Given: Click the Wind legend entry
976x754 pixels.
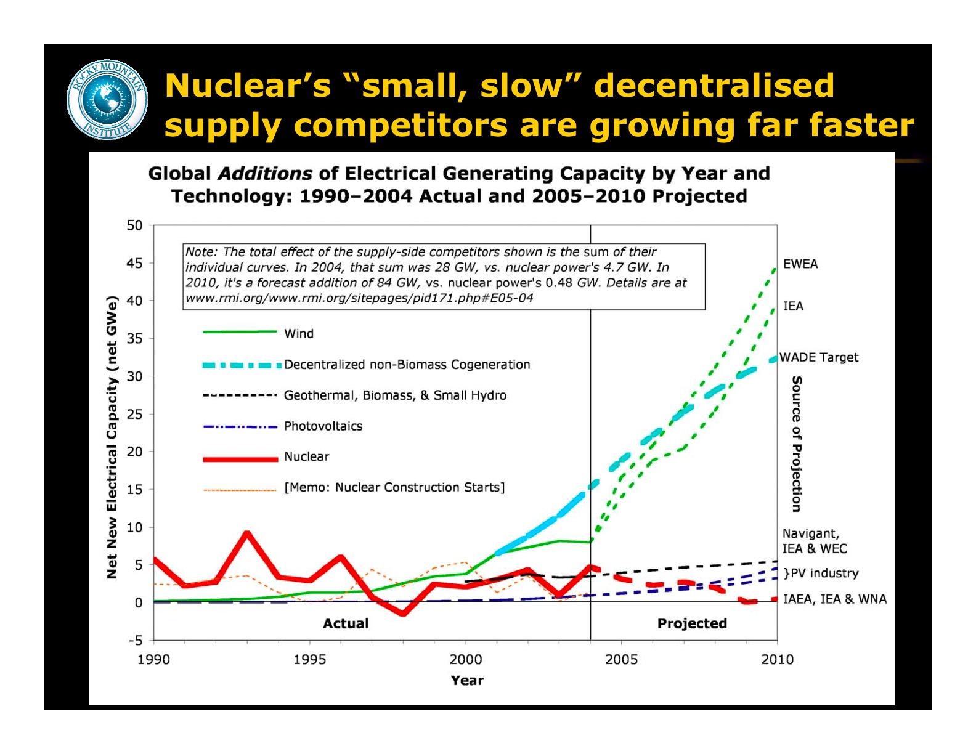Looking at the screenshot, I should (299, 333).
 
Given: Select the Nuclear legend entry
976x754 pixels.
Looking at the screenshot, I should (306, 456).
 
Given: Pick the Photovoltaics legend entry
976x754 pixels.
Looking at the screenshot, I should (323, 426).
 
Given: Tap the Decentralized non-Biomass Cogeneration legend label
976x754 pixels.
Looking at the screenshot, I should (407, 364).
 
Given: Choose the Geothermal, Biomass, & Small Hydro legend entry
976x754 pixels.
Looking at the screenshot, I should (395, 395).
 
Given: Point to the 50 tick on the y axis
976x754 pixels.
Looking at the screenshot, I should (134, 225).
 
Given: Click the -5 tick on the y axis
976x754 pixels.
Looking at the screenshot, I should (134, 640).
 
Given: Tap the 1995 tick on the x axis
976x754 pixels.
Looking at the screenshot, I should (309, 659).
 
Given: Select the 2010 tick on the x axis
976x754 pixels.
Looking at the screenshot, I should (777, 659).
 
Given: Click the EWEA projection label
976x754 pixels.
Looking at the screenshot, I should (800, 264).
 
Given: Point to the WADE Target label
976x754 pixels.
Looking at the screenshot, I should (818, 357).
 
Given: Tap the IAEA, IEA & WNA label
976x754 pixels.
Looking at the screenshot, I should (834, 599).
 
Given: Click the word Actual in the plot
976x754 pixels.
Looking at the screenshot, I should (346, 623).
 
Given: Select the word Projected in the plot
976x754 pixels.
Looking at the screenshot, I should (692, 623).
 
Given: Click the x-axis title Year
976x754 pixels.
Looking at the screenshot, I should (467, 680).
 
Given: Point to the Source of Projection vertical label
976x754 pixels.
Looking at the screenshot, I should (797, 444).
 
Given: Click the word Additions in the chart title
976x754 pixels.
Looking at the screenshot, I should (265, 174).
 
